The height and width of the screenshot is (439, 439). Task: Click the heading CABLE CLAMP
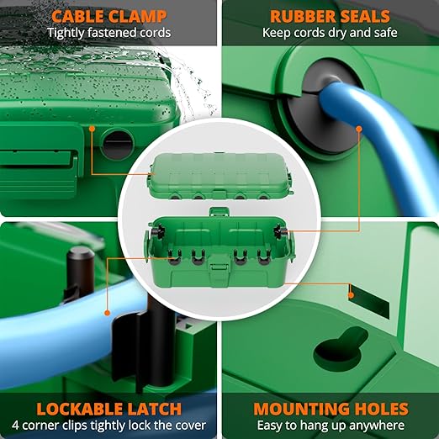[109, 15]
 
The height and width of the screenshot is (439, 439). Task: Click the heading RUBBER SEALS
[329, 15]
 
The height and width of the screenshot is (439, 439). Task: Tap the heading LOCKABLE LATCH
[109, 410]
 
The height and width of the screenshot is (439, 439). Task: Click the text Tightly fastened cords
[109, 33]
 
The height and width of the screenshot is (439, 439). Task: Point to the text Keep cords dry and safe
[329, 33]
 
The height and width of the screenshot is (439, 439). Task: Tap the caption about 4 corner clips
[109, 426]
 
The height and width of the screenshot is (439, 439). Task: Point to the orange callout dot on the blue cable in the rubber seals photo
[358, 130]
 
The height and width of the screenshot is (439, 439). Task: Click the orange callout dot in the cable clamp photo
[92, 129]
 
